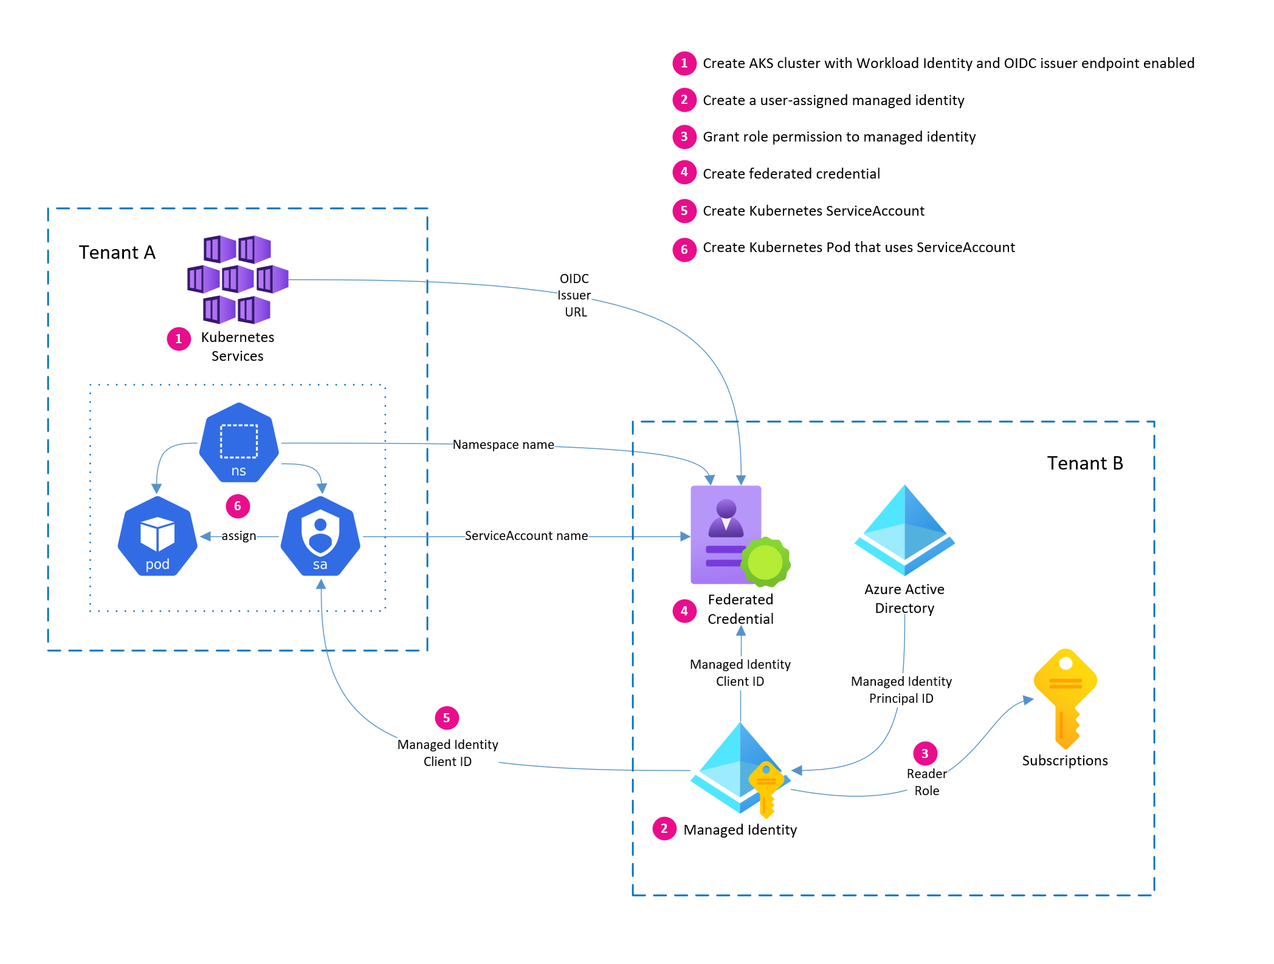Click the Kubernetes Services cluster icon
coord(238,279)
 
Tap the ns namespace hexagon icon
coord(239,443)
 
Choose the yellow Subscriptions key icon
coord(1066,699)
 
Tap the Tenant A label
coord(117,252)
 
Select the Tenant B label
coord(1085,463)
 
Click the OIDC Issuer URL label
coord(574,295)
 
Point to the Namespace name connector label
coord(503,445)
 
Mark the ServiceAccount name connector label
coord(526,536)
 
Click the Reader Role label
coord(926,782)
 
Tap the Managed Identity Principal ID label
coord(901,690)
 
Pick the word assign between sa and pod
coord(238,536)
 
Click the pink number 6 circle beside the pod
coord(238,506)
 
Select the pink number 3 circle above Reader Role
coord(925,754)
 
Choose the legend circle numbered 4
coord(684,173)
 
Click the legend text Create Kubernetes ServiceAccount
coord(813,211)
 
